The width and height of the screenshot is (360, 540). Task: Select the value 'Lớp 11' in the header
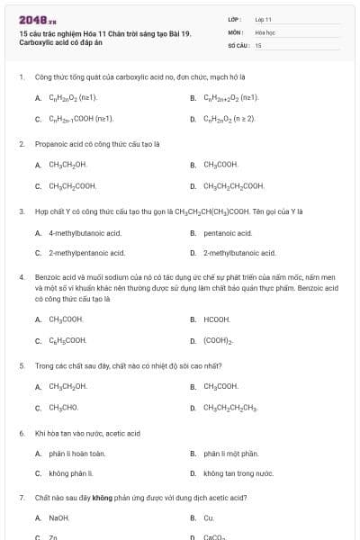(263, 18)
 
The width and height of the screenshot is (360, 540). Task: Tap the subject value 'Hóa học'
(265, 31)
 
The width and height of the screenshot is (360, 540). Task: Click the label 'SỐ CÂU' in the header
(238, 44)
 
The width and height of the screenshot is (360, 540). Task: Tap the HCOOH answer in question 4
(217, 319)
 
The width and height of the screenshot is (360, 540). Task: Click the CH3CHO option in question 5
(63, 408)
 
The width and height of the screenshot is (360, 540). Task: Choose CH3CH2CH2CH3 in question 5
(229, 408)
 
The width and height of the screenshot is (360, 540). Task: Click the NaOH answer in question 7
(58, 517)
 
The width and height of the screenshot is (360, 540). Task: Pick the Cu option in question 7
(209, 517)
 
